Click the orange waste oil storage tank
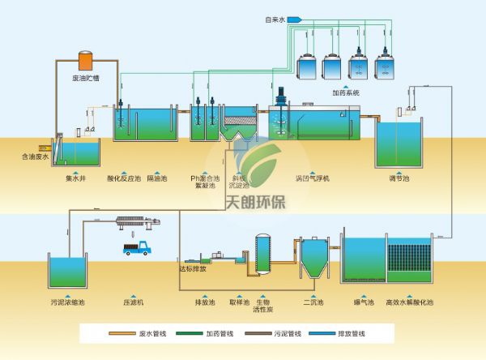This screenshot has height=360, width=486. pos(84,61)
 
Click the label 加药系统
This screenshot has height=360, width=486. pos(345,93)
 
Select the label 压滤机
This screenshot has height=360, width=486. pos(133,302)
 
